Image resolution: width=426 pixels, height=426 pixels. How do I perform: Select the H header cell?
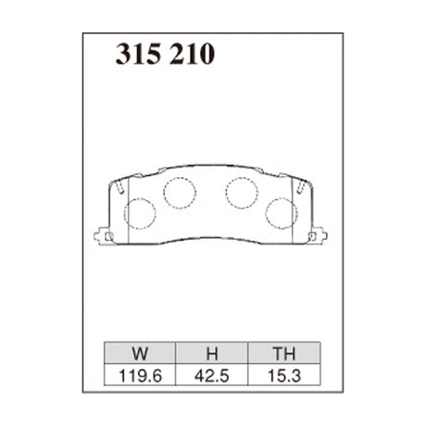pos(211,353)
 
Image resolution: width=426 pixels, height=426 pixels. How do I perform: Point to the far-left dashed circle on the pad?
pos(140,214)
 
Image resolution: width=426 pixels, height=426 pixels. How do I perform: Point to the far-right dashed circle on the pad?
pos(281,214)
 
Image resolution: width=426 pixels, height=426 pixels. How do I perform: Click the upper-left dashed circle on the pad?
pos(179,192)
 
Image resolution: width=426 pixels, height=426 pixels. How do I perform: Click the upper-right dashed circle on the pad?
pos(242,192)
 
